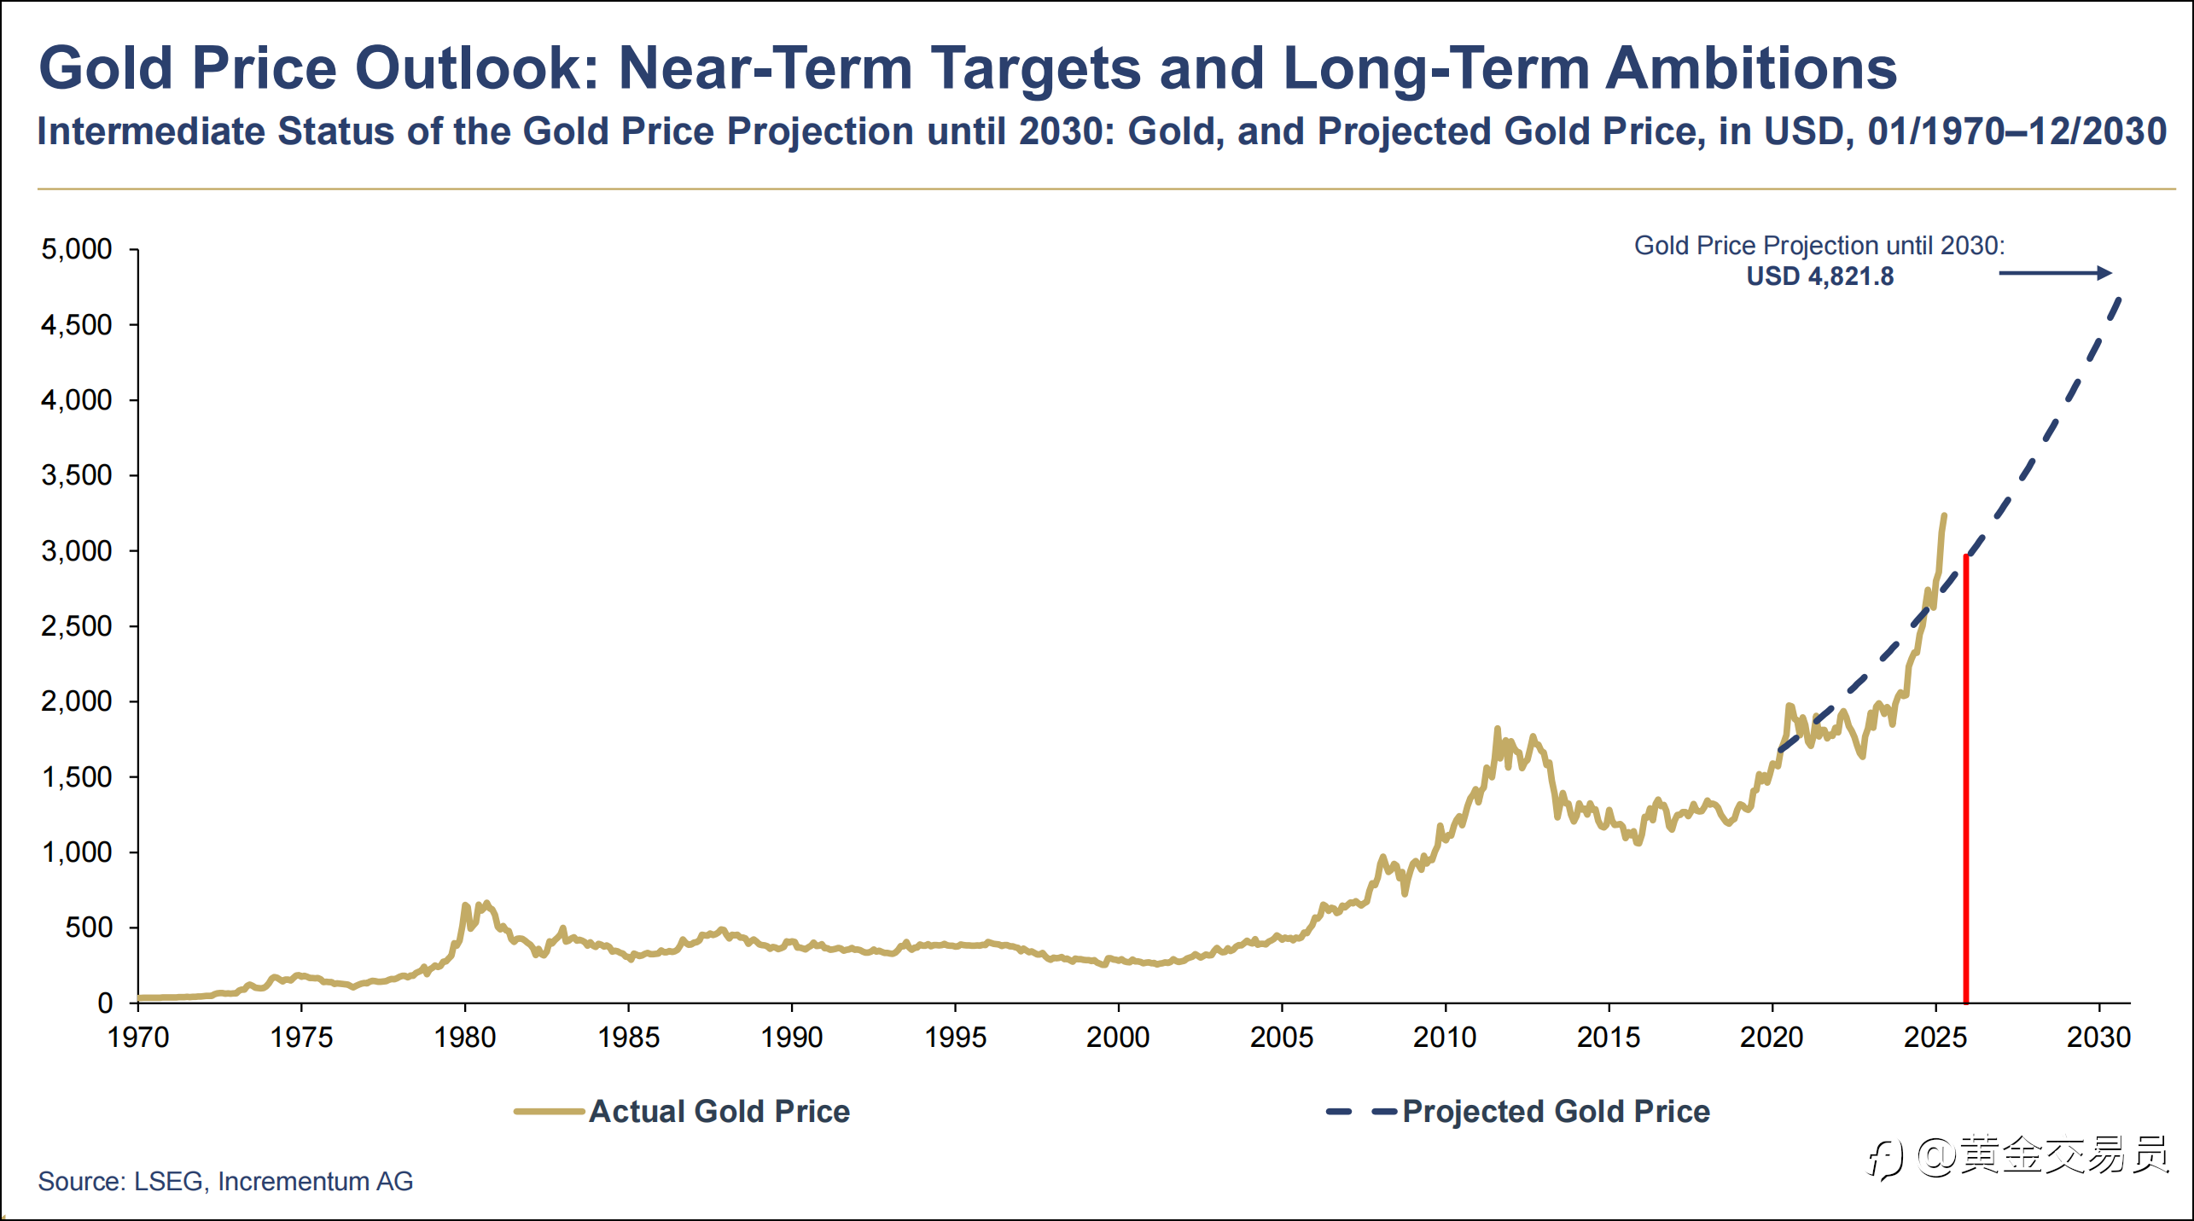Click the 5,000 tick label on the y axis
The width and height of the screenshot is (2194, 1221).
(76, 249)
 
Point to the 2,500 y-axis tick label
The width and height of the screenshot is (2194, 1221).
(76, 626)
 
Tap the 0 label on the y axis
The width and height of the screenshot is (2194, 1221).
(104, 1003)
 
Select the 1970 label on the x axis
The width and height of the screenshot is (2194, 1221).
(138, 1038)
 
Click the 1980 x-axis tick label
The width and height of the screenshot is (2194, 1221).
(465, 1038)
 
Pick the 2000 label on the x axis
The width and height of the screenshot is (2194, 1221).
(1118, 1038)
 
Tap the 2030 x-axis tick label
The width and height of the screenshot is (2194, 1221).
(2098, 1038)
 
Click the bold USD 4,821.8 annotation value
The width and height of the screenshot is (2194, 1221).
(1819, 276)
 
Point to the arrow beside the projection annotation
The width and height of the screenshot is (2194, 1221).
(2055, 273)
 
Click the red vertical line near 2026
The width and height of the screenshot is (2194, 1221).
(1966, 776)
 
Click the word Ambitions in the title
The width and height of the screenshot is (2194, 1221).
(1751, 67)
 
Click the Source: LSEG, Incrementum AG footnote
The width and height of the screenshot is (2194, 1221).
(225, 1181)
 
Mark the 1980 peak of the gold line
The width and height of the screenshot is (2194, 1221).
(486, 903)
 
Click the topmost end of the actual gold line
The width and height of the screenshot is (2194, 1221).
(1944, 515)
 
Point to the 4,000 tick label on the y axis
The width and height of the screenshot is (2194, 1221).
(76, 400)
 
